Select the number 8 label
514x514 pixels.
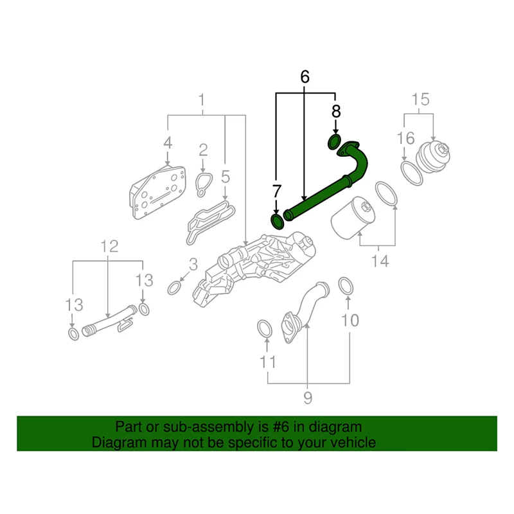click(335, 111)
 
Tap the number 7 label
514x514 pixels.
click(277, 191)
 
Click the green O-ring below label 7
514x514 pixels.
click(277, 222)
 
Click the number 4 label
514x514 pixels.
click(167, 143)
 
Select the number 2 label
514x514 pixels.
click(203, 150)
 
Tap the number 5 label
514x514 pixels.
click(226, 175)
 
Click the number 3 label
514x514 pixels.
click(193, 264)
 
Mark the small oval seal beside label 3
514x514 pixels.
click(174, 287)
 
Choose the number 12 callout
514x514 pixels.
click(109, 245)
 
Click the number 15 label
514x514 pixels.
click(420, 99)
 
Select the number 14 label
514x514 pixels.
click(380, 261)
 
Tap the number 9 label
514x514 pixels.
click(307, 398)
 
